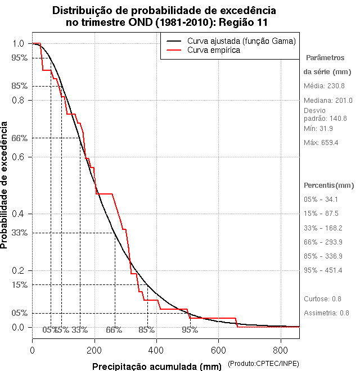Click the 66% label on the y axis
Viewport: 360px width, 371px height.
point(19,138)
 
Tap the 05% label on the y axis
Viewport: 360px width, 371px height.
point(19,313)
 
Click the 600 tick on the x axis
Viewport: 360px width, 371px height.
point(219,351)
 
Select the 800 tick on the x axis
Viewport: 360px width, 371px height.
point(281,351)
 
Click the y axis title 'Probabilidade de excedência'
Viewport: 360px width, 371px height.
point(5,185)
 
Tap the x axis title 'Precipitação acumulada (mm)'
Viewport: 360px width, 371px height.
point(157,367)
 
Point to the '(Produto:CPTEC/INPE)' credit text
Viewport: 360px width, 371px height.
point(264,364)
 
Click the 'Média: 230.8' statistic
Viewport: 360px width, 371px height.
point(324,86)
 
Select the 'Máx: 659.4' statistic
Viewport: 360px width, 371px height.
point(321,143)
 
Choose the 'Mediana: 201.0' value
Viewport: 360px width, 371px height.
point(328,101)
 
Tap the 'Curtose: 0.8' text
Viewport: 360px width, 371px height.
point(323,298)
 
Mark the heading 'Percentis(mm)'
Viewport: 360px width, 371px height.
point(329,185)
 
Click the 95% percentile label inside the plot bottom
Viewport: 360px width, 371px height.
point(190,330)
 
